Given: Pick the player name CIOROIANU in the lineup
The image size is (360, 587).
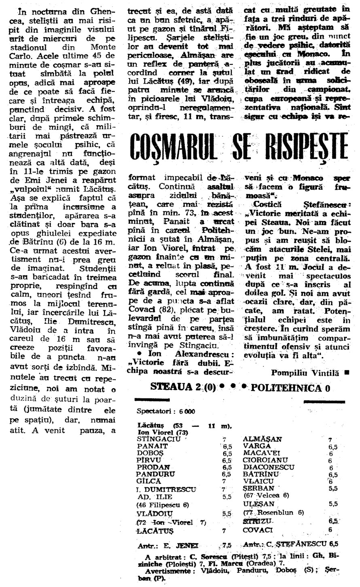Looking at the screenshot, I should pos(265,460).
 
